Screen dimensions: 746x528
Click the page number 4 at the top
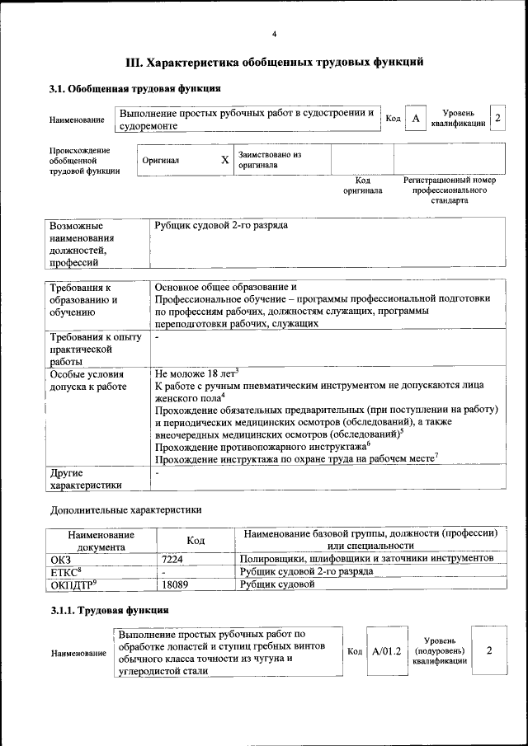(274, 33)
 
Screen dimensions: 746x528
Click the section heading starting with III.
(274, 62)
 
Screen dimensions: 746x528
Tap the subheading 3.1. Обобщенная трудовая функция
(134, 88)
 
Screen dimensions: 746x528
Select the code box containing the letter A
(416, 120)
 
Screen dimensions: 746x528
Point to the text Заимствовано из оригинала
(270, 160)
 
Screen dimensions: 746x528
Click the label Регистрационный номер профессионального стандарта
(449, 190)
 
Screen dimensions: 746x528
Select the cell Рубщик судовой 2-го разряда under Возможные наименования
(221, 225)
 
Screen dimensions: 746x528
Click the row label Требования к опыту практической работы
(95, 349)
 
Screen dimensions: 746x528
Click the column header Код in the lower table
(196, 540)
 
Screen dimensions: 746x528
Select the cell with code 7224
(172, 559)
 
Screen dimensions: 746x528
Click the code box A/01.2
(386, 651)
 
